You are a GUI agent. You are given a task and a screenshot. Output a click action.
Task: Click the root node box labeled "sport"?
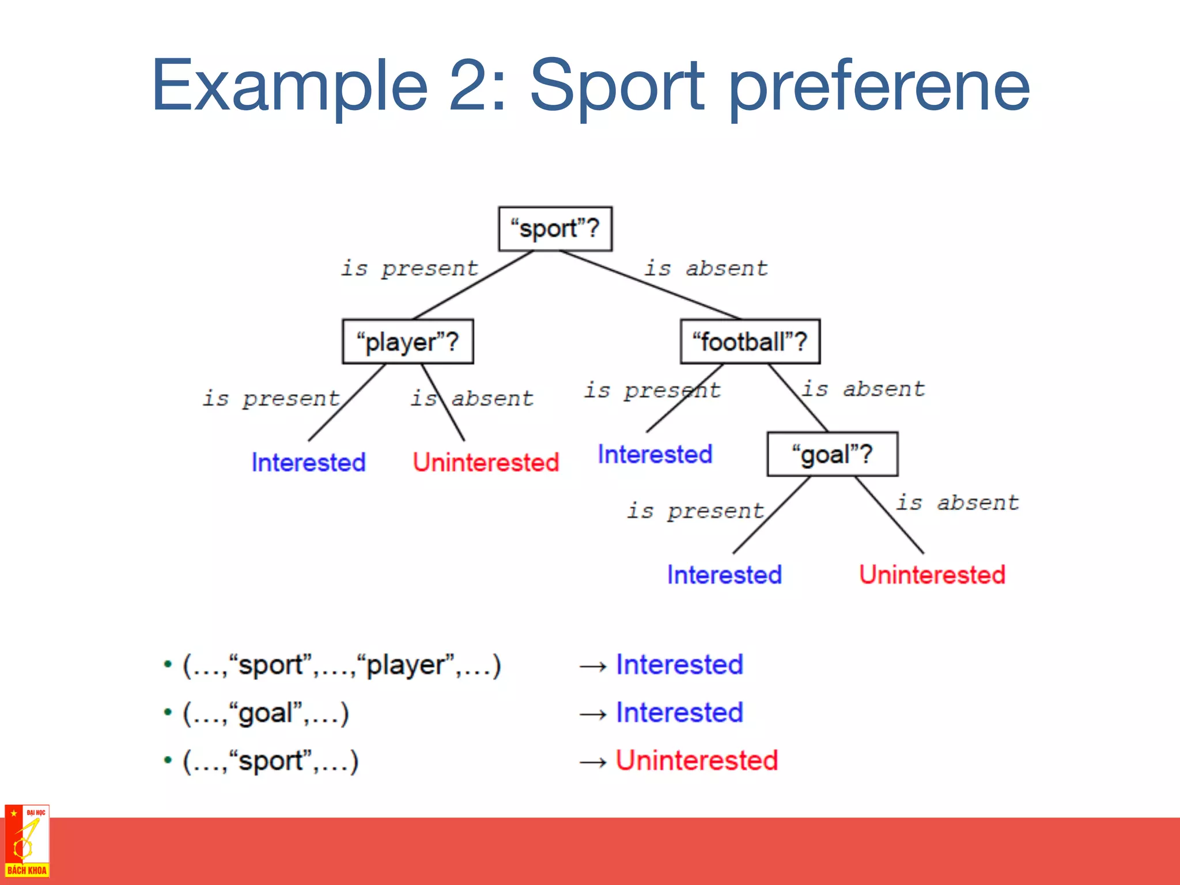click(x=555, y=229)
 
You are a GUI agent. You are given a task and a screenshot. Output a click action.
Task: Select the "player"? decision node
click(x=407, y=342)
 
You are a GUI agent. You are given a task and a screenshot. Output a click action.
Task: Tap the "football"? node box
click(x=750, y=342)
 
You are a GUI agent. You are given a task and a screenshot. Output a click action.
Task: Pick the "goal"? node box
click(x=832, y=454)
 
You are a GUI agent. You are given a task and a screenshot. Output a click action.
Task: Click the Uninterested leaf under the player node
click(x=486, y=462)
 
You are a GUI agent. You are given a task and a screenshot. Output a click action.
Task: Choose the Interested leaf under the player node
click(x=308, y=462)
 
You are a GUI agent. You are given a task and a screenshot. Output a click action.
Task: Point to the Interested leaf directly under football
click(x=655, y=454)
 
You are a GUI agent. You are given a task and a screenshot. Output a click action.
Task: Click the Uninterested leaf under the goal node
click(x=932, y=574)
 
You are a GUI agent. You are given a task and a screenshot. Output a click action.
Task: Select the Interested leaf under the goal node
click(x=724, y=574)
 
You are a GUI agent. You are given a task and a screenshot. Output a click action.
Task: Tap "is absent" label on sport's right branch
click(x=706, y=268)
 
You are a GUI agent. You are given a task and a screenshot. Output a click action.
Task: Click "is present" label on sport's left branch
click(x=409, y=268)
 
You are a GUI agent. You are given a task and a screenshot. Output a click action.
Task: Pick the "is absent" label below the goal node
click(x=957, y=502)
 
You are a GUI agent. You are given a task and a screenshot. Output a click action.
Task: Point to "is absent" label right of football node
click(x=863, y=389)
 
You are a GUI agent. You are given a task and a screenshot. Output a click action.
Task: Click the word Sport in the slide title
click(x=617, y=86)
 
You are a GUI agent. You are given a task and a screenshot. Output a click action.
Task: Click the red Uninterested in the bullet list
click(x=697, y=760)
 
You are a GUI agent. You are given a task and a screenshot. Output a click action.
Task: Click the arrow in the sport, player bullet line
click(x=593, y=667)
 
